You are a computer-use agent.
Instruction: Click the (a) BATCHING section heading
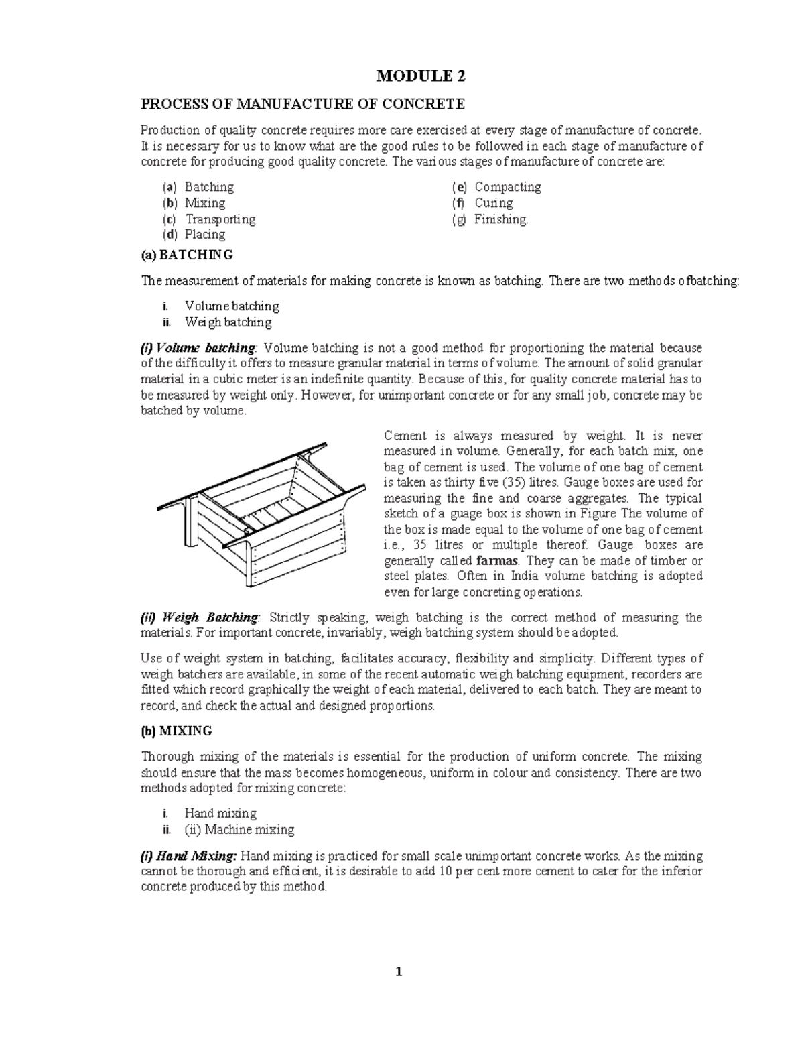click(187, 255)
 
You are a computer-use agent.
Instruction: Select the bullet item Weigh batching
click(228, 322)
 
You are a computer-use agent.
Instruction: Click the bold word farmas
click(500, 560)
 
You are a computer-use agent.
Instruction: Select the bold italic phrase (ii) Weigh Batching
click(199, 617)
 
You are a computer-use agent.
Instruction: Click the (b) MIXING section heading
click(176, 731)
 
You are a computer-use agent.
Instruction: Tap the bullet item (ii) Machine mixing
click(239, 830)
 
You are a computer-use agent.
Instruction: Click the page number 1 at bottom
click(399, 973)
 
